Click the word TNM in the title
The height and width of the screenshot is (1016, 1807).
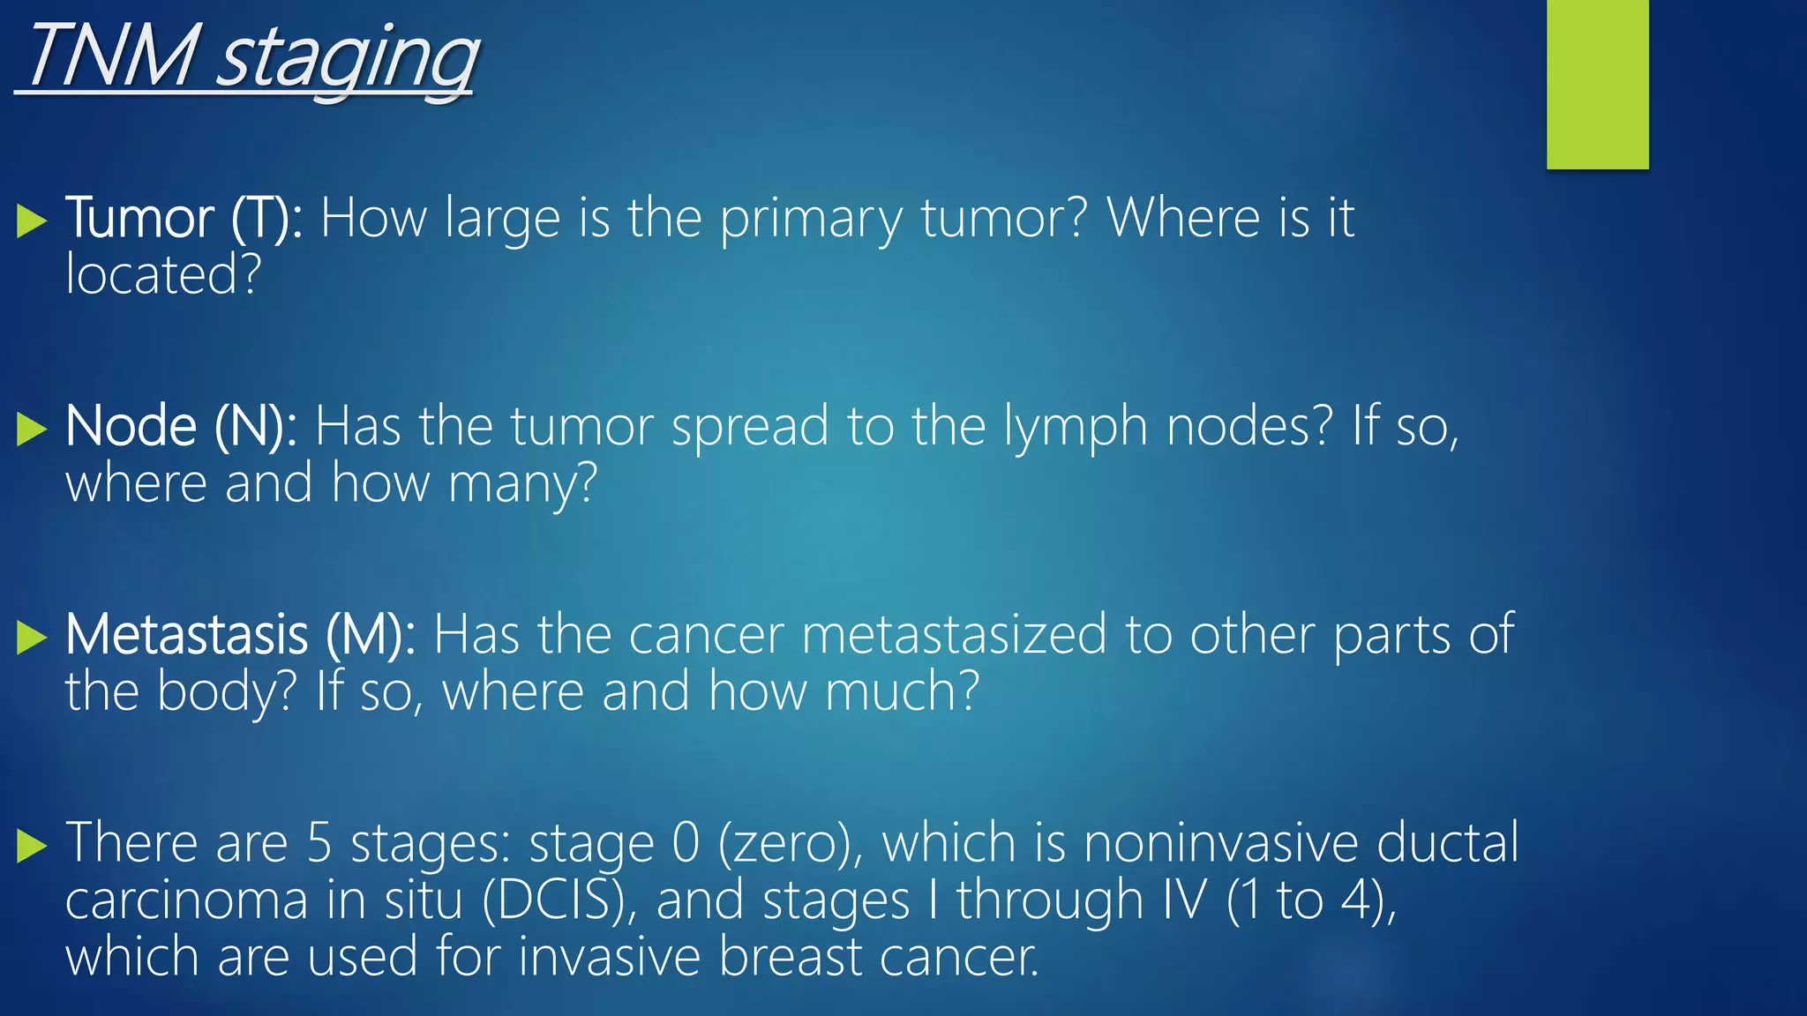click(x=111, y=56)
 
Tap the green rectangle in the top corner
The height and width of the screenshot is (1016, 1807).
click(x=1597, y=84)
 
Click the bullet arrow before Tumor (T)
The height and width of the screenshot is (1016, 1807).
click(x=32, y=220)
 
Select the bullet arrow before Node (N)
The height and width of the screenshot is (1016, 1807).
click(x=32, y=430)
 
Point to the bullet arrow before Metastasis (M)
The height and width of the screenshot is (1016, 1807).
click(x=32, y=638)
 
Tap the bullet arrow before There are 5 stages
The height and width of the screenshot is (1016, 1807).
click(x=32, y=846)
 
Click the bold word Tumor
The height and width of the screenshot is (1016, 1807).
click(x=139, y=218)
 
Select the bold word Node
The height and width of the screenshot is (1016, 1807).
click(x=131, y=427)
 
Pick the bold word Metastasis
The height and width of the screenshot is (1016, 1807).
click(x=186, y=635)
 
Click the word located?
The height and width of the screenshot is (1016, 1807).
click(x=163, y=275)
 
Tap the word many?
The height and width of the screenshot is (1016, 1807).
click(x=522, y=485)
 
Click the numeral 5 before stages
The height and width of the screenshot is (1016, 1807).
click(x=319, y=843)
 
